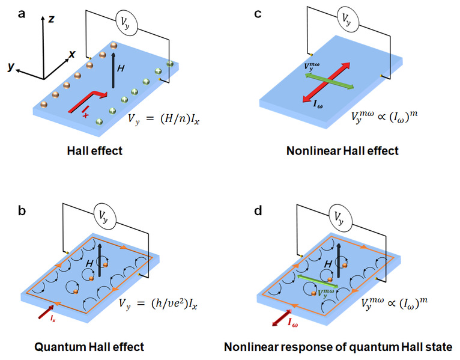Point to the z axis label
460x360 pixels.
(52, 19)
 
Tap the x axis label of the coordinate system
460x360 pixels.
(72, 53)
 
